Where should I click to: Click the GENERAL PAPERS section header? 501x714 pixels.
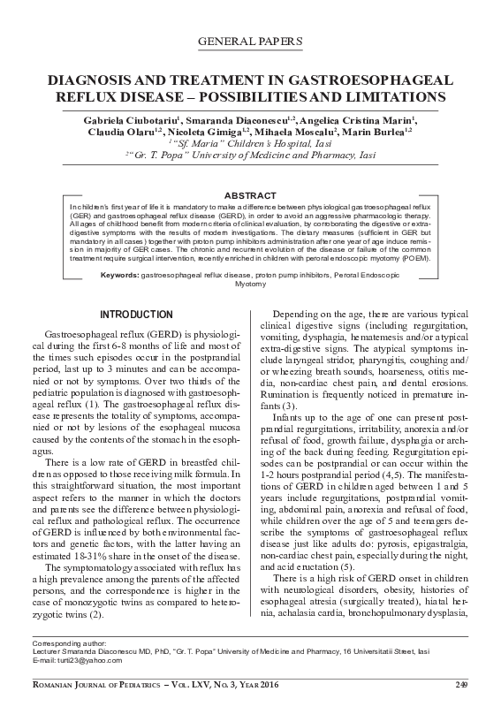click(x=252, y=42)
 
